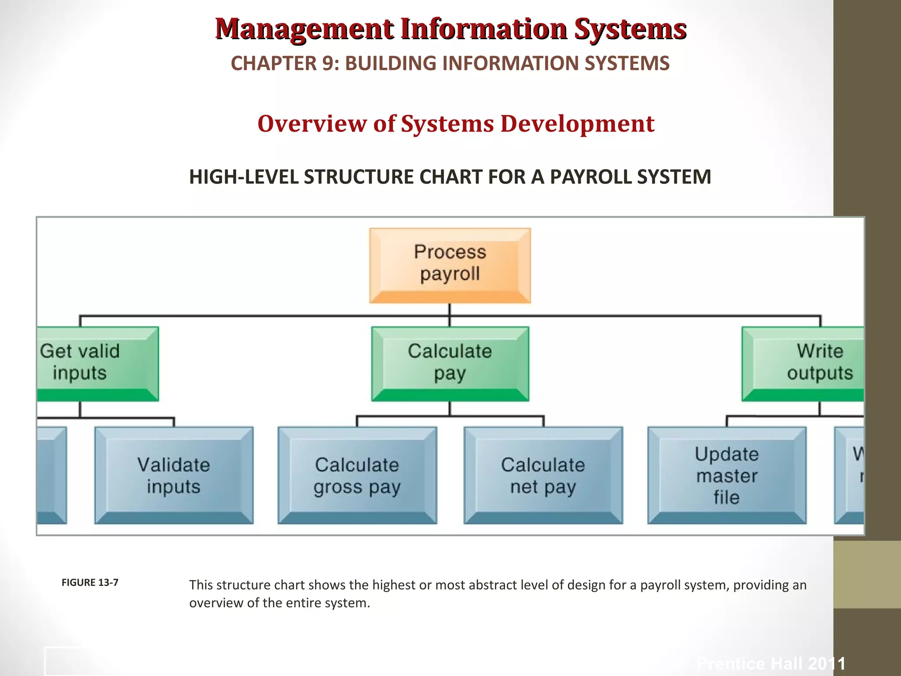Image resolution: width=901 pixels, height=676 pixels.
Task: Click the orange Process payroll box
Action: coord(450,265)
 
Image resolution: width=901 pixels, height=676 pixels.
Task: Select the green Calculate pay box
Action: coord(450,364)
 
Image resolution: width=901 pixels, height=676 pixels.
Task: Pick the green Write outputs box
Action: coord(803,364)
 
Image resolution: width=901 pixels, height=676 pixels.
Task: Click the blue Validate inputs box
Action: coord(174,475)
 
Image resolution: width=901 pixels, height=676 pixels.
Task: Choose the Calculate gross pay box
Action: coord(357,475)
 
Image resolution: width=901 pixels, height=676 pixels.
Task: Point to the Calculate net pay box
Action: coord(543,475)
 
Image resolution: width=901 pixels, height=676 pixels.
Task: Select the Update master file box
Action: coord(727,475)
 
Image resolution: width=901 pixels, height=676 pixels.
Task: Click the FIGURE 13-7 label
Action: coord(90,583)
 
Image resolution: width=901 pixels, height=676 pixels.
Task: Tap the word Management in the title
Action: coord(304,29)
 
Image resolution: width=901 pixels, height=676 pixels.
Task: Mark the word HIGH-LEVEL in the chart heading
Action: coord(244,177)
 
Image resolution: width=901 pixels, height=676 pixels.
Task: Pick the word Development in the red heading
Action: coord(577,124)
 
